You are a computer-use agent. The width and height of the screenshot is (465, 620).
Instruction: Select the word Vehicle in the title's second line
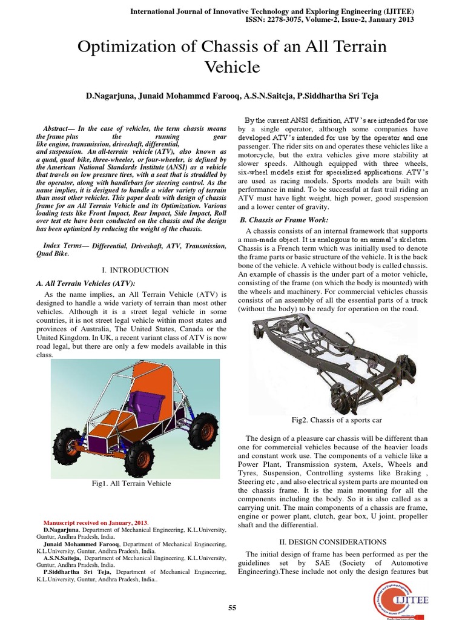[x=232, y=67]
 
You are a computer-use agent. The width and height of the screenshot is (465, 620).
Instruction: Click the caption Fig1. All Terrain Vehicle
[x=131, y=483]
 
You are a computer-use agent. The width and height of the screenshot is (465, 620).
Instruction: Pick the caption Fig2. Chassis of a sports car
[x=336, y=420]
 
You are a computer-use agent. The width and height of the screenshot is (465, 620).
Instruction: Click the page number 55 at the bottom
[x=232, y=608]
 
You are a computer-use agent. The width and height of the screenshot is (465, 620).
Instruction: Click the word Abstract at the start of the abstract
[x=59, y=130]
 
